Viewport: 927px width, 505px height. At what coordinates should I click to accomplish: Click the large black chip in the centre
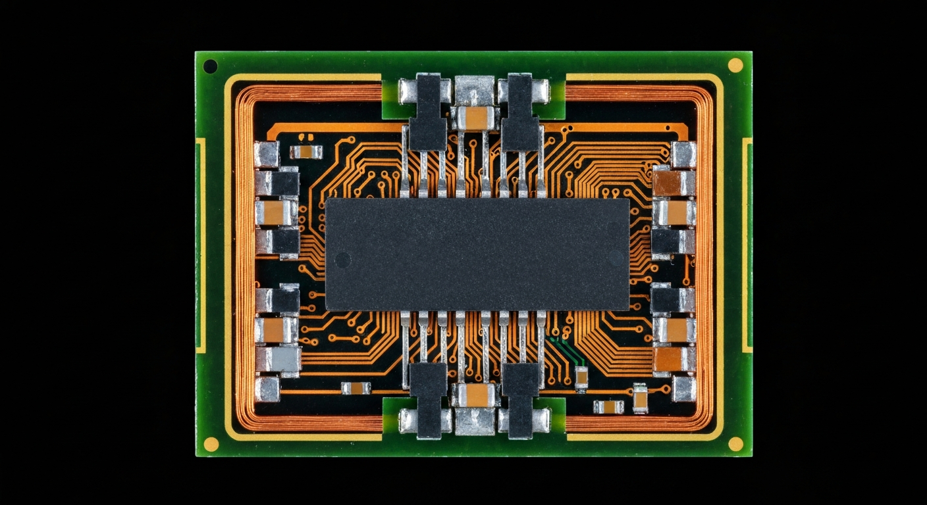click(x=477, y=254)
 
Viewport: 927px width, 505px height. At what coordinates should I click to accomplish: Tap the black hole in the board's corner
click(x=210, y=66)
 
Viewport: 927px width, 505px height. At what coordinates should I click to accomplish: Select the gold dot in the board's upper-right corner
click(x=735, y=64)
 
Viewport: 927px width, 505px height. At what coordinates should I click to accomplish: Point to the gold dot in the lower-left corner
click(x=211, y=444)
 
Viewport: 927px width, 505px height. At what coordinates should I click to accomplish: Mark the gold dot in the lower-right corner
click(x=735, y=444)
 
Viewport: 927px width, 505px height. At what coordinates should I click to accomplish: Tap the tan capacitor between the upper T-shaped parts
click(x=475, y=118)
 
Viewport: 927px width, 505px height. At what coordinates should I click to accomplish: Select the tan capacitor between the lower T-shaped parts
click(x=475, y=395)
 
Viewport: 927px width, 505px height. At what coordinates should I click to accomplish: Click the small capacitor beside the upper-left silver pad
click(x=306, y=152)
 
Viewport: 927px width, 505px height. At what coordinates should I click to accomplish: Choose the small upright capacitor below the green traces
click(x=581, y=377)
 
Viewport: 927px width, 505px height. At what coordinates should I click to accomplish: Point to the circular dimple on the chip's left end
click(x=348, y=256)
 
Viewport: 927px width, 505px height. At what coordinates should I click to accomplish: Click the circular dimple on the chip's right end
click(x=615, y=256)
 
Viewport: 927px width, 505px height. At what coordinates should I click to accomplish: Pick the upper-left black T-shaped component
click(x=428, y=112)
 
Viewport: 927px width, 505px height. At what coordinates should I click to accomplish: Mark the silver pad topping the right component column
click(x=683, y=155)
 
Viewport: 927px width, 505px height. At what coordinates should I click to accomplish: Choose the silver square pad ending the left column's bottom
click(x=267, y=388)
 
